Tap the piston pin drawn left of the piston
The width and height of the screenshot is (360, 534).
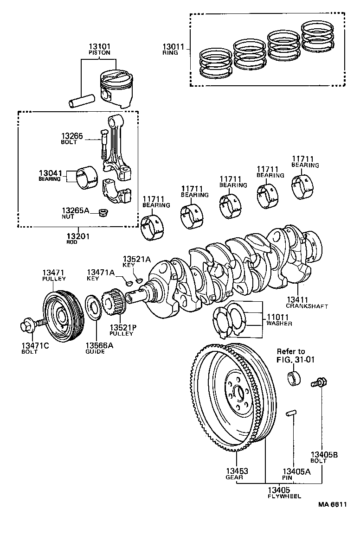click(x=82, y=101)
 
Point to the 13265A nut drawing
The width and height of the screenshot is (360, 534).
click(x=103, y=213)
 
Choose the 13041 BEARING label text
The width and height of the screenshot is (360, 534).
click(x=50, y=175)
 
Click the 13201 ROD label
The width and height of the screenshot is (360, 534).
click(x=77, y=239)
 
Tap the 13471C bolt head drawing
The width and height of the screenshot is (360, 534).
click(x=27, y=326)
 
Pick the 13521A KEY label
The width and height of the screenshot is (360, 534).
click(x=136, y=261)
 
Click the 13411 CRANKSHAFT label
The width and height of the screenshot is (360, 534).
click(x=306, y=303)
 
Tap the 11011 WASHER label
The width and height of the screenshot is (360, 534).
click(x=279, y=320)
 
